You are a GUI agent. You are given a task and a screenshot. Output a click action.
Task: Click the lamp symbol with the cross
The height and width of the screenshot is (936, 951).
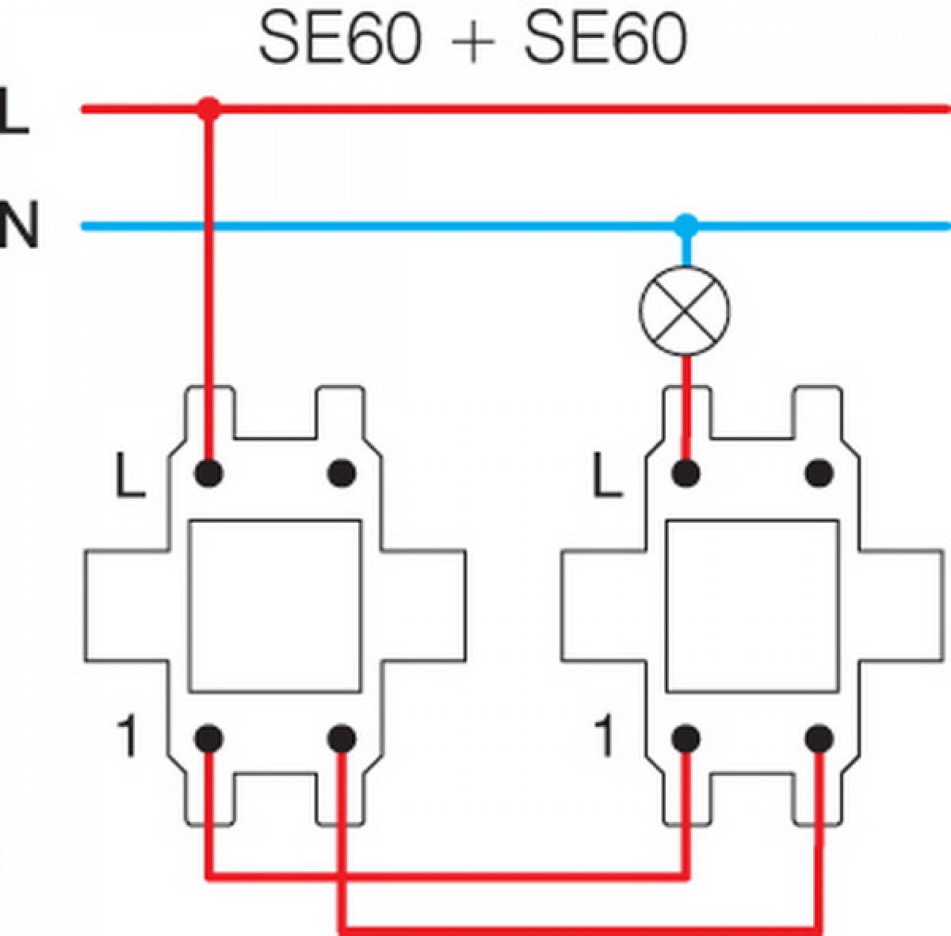(x=685, y=310)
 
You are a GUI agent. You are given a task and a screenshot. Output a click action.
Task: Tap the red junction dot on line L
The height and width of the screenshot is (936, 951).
(x=209, y=109)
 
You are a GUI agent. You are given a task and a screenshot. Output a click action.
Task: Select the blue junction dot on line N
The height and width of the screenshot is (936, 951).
(x=686, y=226)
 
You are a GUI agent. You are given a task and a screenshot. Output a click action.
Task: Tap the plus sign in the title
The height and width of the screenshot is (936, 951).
(x=472, y=42)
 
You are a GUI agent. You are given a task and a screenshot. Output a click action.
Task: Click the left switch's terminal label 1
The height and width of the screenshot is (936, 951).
(x=128, y=737)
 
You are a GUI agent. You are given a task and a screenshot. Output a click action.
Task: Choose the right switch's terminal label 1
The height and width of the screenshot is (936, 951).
(x=604, y=737)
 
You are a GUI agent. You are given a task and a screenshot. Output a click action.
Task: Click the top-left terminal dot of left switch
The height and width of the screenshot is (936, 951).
(x=209, y=473)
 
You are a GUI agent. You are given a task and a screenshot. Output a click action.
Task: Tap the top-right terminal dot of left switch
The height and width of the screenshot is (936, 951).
(x=342, y=473)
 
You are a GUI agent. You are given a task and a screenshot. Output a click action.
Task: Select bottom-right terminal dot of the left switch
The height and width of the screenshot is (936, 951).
(x=342, y=739)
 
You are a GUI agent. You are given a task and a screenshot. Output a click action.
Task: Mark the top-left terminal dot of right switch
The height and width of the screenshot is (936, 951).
(x=686, y=473)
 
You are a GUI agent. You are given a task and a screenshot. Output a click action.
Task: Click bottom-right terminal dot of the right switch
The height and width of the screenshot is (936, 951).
(x=819, y=739)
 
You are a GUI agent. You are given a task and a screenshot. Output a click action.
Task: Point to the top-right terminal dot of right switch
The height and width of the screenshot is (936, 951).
(x=819, y=473)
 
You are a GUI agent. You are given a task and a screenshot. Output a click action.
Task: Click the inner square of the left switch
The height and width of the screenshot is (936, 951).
(x=275, y=606)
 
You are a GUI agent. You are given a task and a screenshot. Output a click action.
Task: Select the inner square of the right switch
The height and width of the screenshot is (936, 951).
(x=752, y=606)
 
